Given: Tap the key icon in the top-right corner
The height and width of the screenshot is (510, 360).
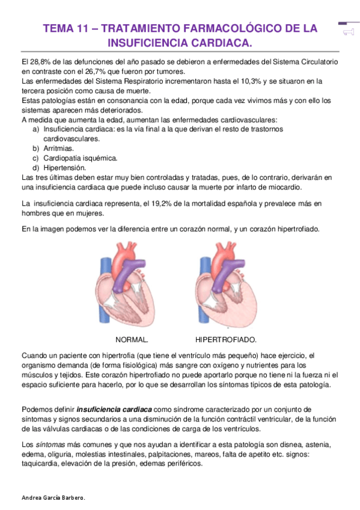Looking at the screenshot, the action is coord(347,31).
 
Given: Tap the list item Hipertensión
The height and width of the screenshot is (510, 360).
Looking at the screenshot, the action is coord(65,167).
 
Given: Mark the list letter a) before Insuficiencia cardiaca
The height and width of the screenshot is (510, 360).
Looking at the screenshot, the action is coord(36,129).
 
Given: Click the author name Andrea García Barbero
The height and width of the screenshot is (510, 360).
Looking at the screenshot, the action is coord(53,499).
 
